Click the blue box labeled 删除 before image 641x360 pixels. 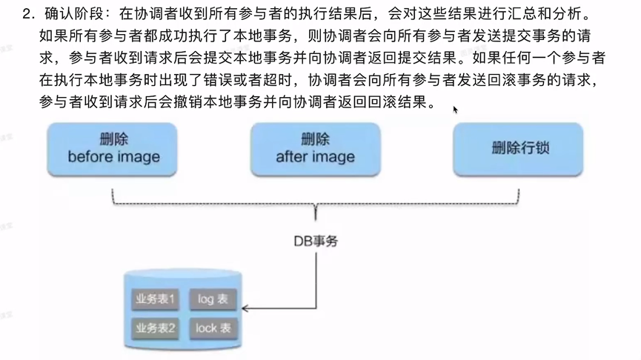pyautogui.click(x=113, y=148)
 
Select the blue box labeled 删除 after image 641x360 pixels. pyautogui.click(x=315, y=148)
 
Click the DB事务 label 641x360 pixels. pyautogui.click(x=315, y=241)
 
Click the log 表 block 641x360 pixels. pyautogui.click(x=213, y=300)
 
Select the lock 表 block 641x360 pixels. pyautogui.click(x=213, y=327)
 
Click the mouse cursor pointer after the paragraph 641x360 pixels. pyautogui.click(x=456, y=110)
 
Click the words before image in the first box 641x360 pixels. pyautogui.click(x=113, y=157)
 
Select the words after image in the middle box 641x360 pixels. pyautogui.click(x=315, y=157)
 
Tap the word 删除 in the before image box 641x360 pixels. pyautogui.click(x=113, y=139)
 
